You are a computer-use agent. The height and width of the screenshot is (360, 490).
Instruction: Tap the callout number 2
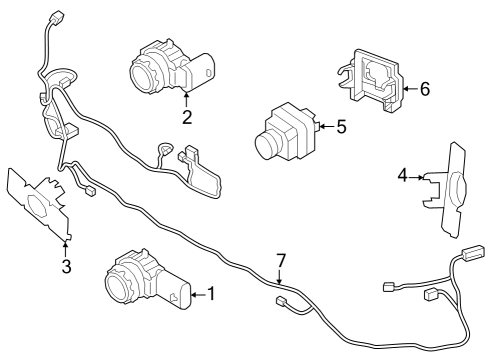187,117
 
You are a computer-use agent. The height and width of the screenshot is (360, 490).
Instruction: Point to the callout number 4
402,176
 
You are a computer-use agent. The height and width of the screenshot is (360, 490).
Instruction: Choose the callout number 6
424,89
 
